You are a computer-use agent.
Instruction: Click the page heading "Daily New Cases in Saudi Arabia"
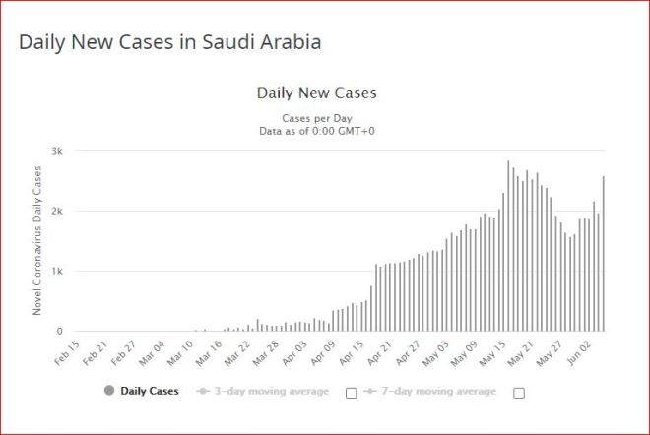click(x=170, y=43)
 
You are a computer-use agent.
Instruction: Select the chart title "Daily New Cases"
click(x=316, y=93)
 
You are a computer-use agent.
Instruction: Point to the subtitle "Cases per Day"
click(x=316, y=117)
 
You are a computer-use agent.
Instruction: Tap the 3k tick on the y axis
click(x=58, y=151)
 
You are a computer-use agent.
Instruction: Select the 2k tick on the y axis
click(x=58, y=211)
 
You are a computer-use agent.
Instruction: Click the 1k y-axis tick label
click(x=58, y=271)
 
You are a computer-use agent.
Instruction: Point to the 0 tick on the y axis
click(x=61, y=332)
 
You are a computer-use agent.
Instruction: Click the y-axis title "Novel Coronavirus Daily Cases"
click(x=36, y=240)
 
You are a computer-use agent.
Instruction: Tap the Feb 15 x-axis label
click(x=67, y=351)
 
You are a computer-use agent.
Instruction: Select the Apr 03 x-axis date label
click(x=294, y=351)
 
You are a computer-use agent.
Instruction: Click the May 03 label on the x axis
click(x=436, y=351)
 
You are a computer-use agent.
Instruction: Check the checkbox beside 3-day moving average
click(x=351, y=392)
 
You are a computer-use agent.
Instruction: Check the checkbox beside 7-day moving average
click(x=519, y=392)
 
